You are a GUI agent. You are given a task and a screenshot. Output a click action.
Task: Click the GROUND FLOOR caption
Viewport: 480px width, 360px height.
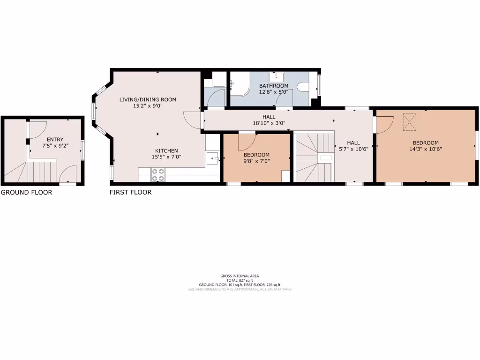(x=26, y=192)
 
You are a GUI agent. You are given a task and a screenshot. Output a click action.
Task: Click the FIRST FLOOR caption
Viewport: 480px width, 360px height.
(x=130, y=192)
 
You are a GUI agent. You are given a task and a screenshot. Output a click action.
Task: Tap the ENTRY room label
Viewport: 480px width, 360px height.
(x=55, y=139)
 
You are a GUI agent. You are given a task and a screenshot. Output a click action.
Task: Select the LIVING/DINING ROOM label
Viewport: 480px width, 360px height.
(x=148, y=99)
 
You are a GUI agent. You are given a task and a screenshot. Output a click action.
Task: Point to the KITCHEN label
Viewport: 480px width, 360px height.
(x=164, y=150)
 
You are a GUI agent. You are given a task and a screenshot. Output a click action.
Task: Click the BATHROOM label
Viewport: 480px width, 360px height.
(x=274, y=86)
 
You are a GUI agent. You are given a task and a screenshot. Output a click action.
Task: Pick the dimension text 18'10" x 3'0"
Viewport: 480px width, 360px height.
(x=269, y=123)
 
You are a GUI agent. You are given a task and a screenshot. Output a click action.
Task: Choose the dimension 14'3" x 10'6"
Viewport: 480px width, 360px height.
(x=425, y=149)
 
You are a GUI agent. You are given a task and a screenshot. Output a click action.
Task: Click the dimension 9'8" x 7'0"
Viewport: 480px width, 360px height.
(x=256, y=161)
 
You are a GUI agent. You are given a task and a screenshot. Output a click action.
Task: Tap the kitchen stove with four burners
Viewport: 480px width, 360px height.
(x=158, y=174)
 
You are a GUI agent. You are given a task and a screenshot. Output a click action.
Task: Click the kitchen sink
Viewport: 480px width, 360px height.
(x=213, y=158)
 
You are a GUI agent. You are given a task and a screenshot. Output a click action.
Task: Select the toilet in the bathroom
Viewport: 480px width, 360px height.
(x=303, y=87)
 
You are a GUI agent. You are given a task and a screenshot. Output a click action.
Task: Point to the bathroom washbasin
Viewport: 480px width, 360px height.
(x=276, y=76)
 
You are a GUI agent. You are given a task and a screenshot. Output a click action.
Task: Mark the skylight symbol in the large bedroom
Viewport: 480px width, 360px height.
(x=410, y=123)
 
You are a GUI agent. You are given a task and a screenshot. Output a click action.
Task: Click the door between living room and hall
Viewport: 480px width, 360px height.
(x=193, y=120)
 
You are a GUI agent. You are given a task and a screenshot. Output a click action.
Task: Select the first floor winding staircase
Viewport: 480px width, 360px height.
(x=313, y=157)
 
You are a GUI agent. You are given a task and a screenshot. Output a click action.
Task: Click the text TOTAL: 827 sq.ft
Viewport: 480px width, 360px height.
(x=240, y=280)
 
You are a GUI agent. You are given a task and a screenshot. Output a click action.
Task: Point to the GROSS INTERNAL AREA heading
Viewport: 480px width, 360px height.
(x=240, y=276)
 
